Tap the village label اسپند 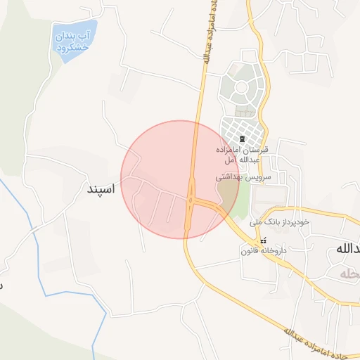point(100,189)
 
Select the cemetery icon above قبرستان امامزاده point(243,139)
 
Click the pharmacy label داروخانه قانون point(265,250)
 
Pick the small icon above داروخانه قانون point(264,240)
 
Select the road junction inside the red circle point(191,200)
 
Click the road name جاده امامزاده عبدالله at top point(209,35)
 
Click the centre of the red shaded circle point(180,179)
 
